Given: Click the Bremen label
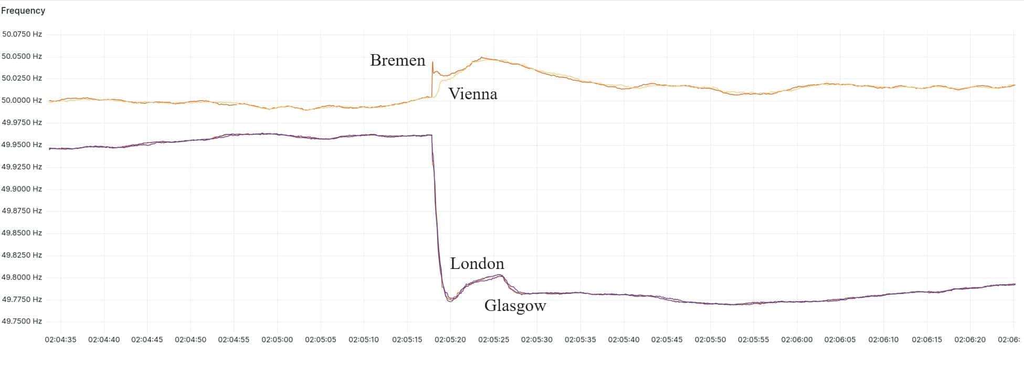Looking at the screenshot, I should [x=397, y=60].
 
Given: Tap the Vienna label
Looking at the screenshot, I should [x=472, y=94].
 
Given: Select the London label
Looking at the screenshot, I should [x=477, y=264].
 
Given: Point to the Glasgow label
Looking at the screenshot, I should [x=515, y=306].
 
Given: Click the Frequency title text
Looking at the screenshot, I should [x=23, y=11].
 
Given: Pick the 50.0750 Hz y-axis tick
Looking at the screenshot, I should [x=22, y=34].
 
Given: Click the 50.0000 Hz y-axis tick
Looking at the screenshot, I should [x=22, y=100].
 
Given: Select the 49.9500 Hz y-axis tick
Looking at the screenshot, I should [x=22, y=144].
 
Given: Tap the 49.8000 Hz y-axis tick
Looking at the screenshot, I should [x=22, y=277].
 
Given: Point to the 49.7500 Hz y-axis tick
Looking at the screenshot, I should [x=22, y=322].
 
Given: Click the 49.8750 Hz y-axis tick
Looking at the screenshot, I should [x=22, y=211].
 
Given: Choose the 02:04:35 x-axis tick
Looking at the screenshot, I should [x=60, y=340].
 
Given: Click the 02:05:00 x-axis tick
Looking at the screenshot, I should [x=277, y=340].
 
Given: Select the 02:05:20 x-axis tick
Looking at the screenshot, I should [x=450, y=340].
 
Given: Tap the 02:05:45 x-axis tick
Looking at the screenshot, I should [x=667, y=340].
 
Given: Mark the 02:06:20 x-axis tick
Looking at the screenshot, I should [x=970, y=340].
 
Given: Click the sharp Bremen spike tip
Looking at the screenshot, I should [x=432, y=62].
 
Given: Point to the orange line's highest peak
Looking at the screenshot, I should [x=482, y=58].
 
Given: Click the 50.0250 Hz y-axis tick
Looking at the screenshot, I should [x=22, y=78].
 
